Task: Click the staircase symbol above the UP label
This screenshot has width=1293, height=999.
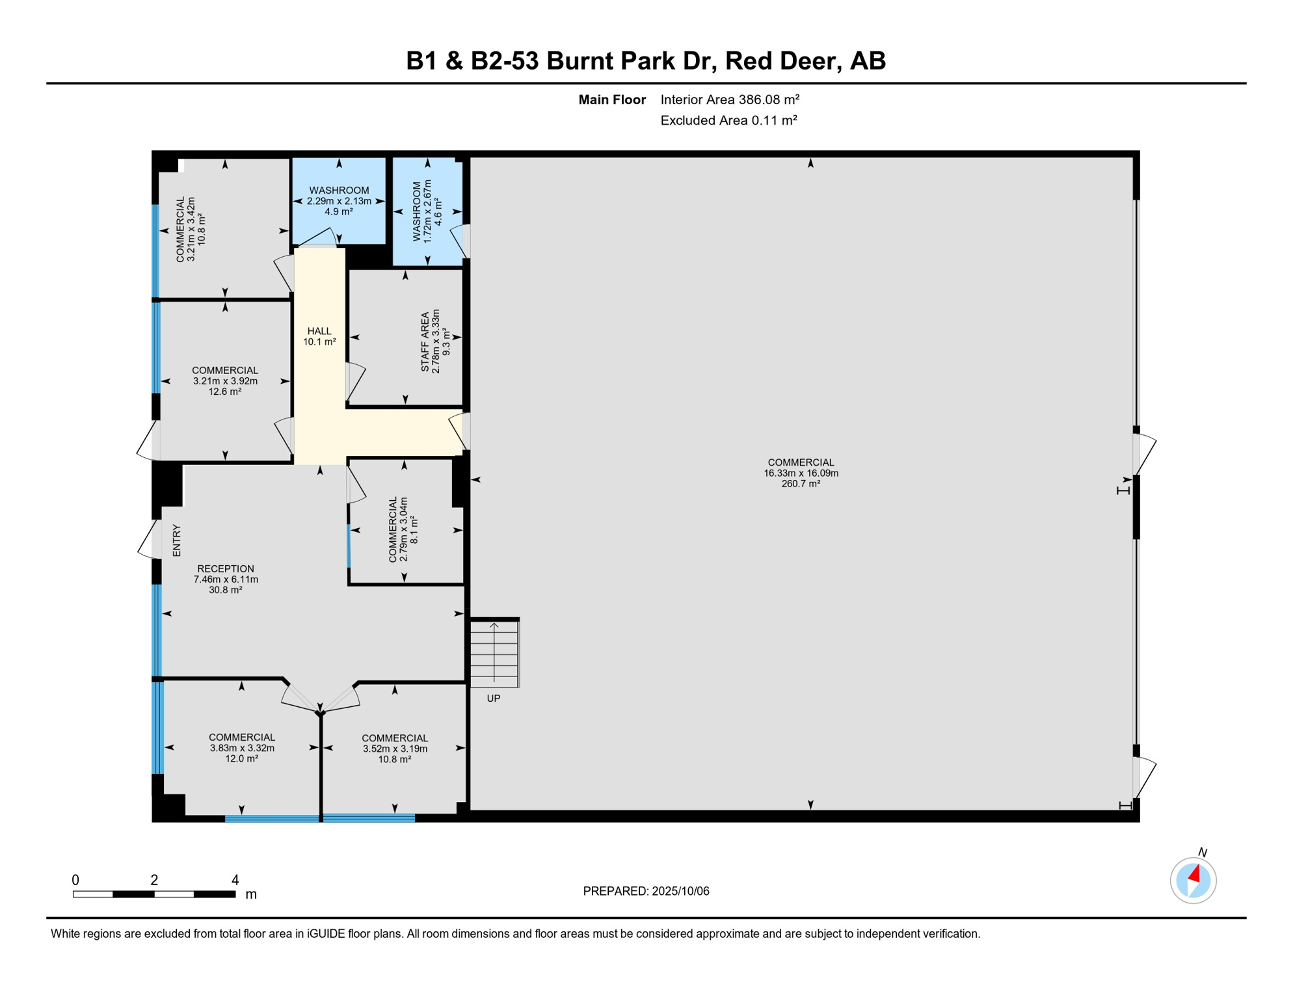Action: [494, 653]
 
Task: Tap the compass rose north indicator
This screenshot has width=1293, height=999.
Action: [1193, 880]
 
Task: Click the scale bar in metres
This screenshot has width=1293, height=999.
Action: [154, 894]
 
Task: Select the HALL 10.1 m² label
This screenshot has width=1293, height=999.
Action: [319, 336]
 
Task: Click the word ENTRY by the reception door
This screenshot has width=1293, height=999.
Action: [177, 540]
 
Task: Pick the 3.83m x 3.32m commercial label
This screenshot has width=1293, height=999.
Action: [242, 748]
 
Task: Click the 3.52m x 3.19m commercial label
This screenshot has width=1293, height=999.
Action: [395, 749]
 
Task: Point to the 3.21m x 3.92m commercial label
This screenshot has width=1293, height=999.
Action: [225, 381]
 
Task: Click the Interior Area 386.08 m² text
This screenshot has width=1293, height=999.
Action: [730, 100]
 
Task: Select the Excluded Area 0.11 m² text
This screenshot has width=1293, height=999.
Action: [728, 120]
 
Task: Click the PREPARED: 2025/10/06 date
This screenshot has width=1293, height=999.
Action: [646, 891]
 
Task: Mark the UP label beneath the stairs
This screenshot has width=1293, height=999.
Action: [494, 699]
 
